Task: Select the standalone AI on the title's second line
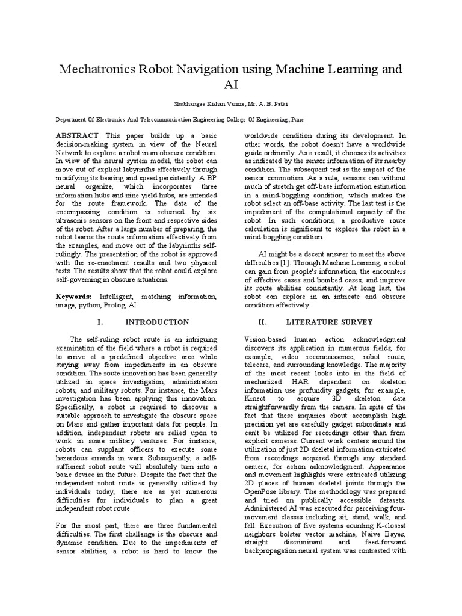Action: (x=231, y=85)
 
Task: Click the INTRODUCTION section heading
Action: (x=157, y=322)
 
